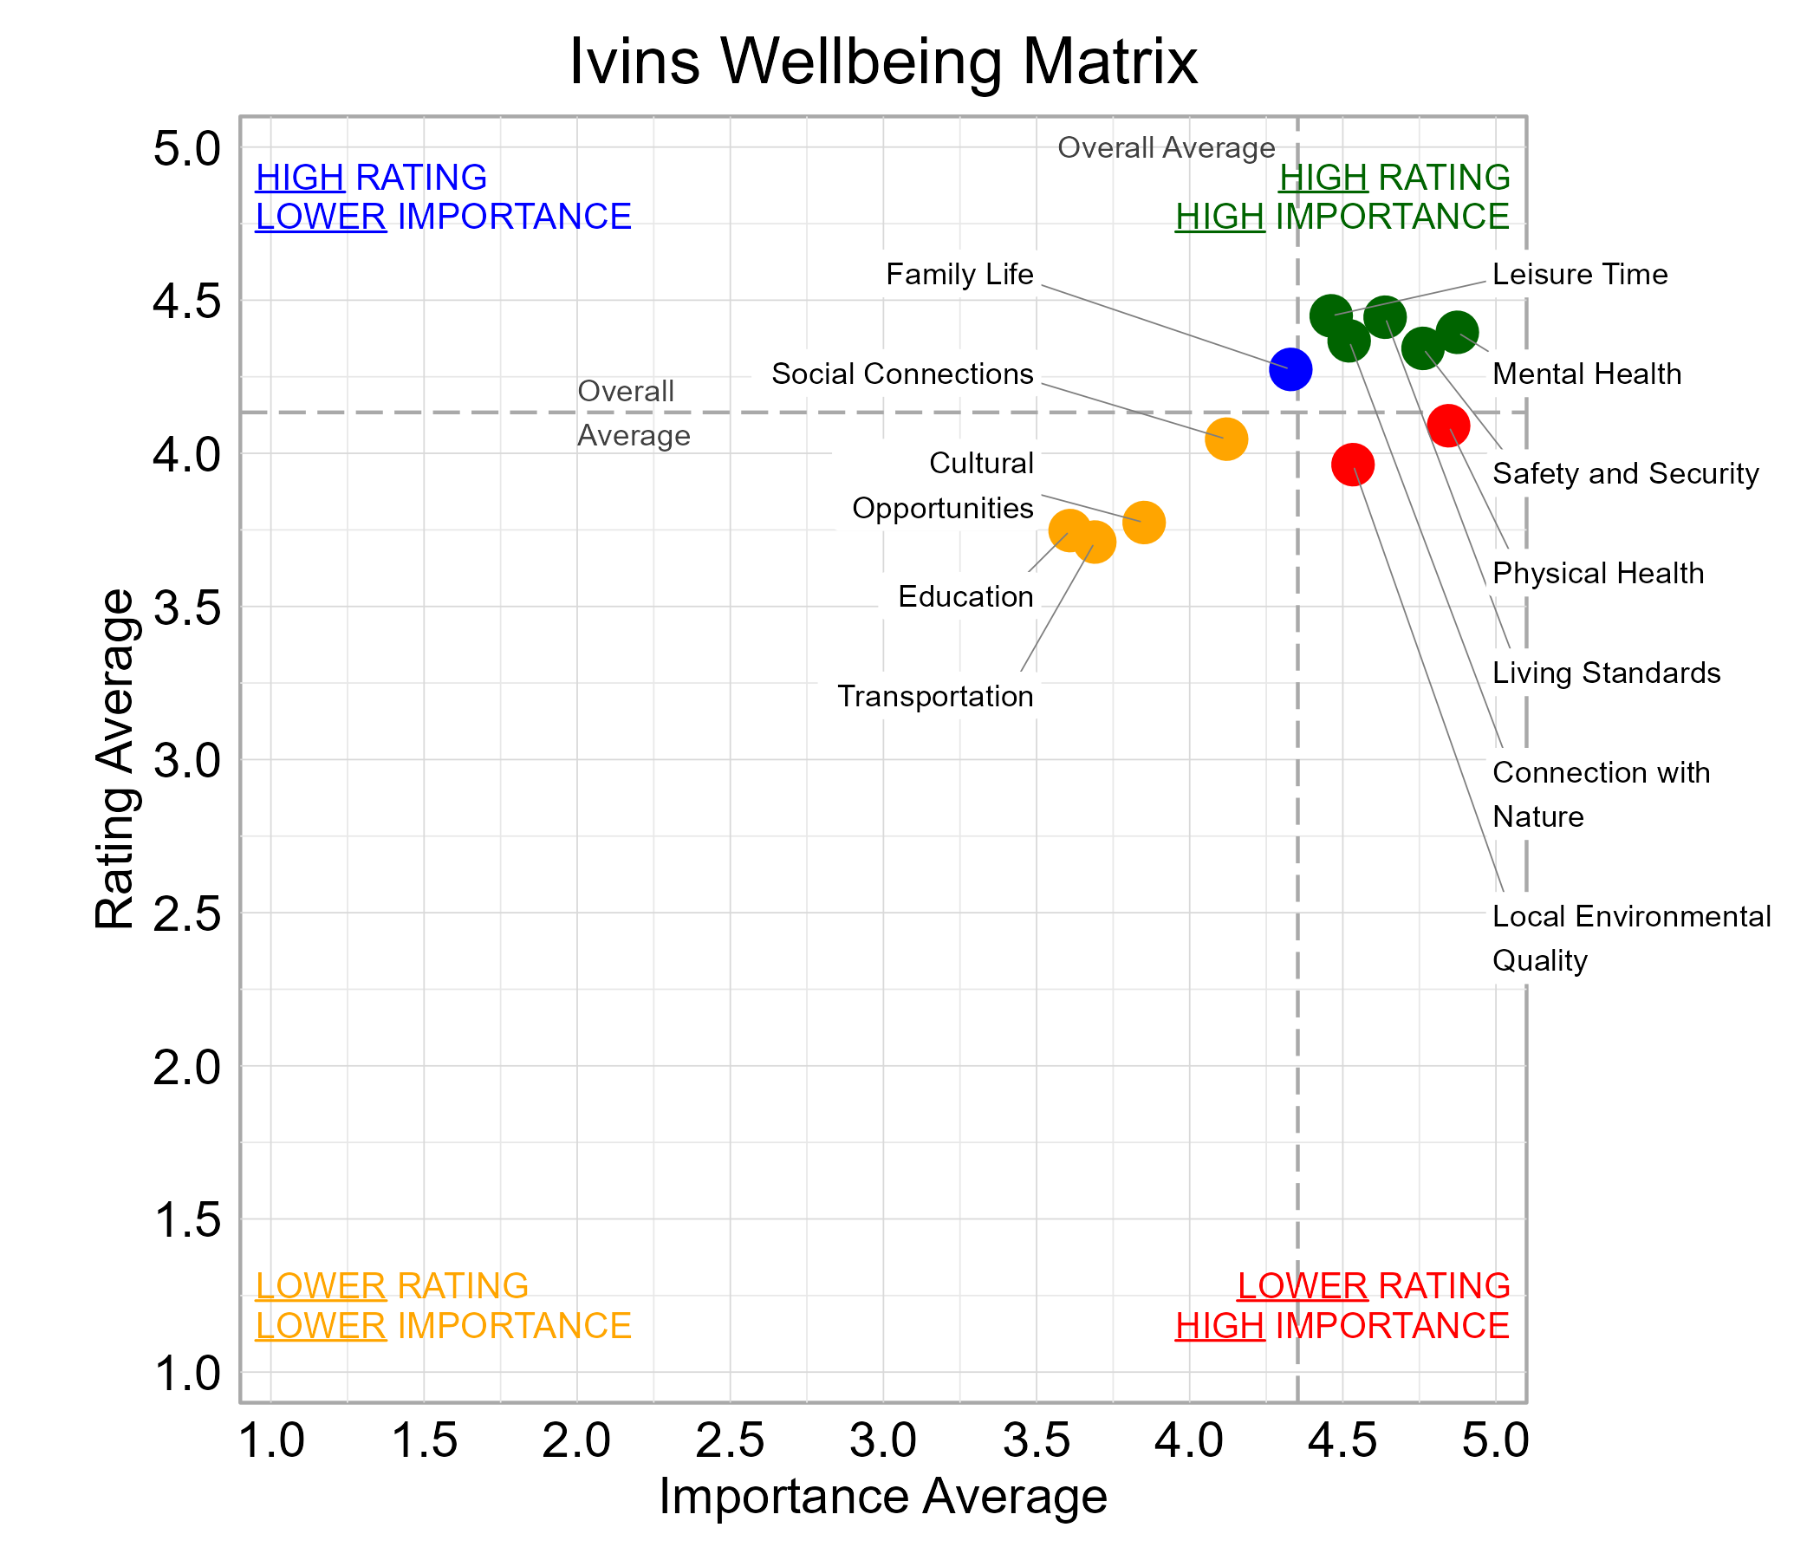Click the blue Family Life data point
[x=1290, y=370]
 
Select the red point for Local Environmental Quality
[x=1352, y=465]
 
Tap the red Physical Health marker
[x=1447, y=426]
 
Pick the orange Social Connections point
[x=1225, y=439]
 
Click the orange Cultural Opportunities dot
[x=1143, y=523]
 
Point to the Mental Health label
[x=1585, y=374]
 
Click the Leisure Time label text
[x=1578, y=275]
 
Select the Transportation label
[x=934, y=697]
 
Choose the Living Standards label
[x=1605, y=673]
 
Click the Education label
[x=965, y=597]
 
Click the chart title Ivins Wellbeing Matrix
[x=883, y=62]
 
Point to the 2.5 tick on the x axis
[x=729, y=1441]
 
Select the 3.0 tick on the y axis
[x=186, y=761]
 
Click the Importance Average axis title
[x=883, y=1496]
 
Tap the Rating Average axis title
[x=115, y=759]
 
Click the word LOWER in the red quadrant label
[x=1302, y=1286]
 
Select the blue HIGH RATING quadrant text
[x=371, y=178]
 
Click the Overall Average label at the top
[x=1166, y=148]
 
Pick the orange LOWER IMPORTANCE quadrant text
[x=443, y=1325]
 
